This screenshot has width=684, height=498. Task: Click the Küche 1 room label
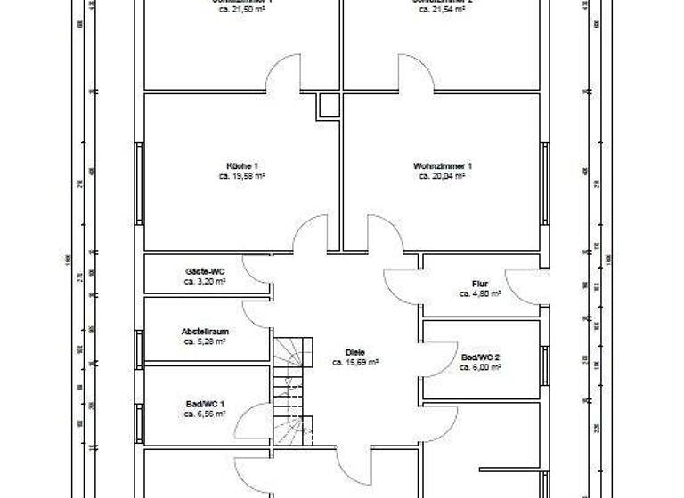click(241, 166)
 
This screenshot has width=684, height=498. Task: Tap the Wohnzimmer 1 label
click(442, 166)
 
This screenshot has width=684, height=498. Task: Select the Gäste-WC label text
click(204, 270)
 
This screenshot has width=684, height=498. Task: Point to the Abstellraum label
click(205, 331)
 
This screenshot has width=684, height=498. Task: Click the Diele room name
click(355, 352)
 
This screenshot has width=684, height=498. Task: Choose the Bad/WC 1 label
click(204, 404)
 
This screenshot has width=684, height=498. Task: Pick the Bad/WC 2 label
click(481, 357)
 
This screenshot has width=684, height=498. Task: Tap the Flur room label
click(481, 284)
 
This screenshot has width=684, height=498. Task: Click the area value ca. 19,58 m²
click(241, 177)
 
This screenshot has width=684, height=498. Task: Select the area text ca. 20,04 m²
click(442, 177)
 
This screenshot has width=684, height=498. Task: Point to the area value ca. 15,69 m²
click(355, 363)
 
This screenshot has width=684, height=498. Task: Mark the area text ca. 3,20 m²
click(204, 281)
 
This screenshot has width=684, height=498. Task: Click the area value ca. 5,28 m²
click(205, 341)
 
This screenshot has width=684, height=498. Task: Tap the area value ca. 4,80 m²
click(481, 293)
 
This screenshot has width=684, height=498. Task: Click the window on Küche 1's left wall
click(139, 182)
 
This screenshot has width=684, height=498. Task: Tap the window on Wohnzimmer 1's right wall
click(543, 182)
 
